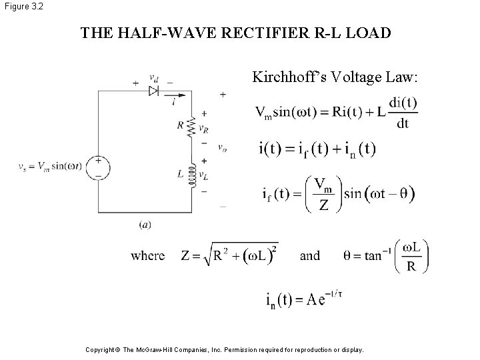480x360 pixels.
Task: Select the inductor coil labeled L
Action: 194,175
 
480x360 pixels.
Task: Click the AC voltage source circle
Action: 98,167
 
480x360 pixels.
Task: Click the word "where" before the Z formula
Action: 147,256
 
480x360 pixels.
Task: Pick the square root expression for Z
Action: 237,255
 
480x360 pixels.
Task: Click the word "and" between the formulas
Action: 310,256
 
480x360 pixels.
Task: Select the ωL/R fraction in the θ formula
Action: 411,255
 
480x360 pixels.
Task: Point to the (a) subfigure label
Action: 145,225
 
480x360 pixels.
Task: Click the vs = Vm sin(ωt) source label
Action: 51,166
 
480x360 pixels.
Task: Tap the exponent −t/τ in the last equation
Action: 333,291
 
